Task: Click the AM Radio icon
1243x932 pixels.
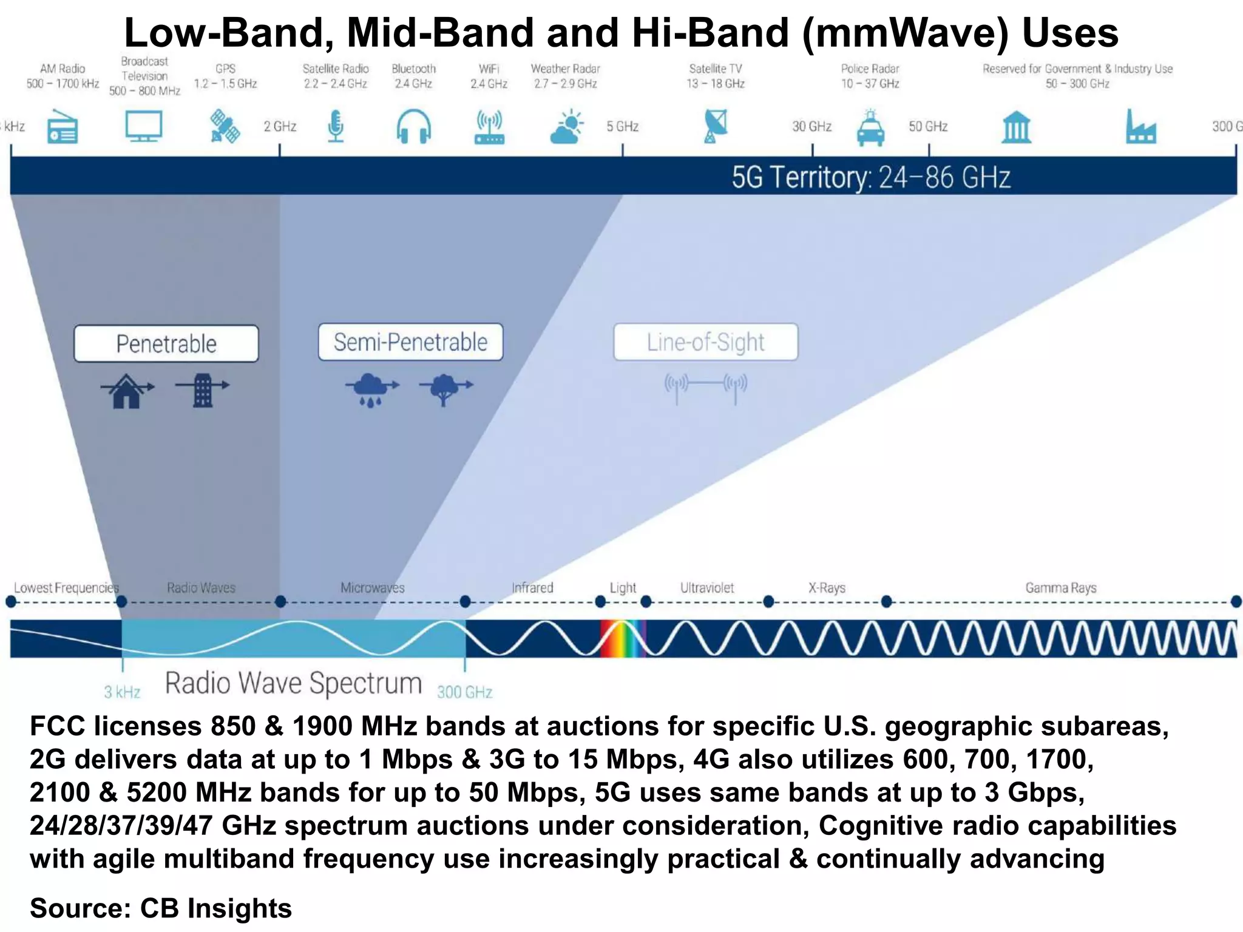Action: (x=63, y=126)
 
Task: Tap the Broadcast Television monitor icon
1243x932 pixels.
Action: (x=144, y=126)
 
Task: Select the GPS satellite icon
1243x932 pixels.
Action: (x=225, y=126)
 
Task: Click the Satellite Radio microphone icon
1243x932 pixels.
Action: (x=336, y=126)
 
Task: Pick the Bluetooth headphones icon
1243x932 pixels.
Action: (x=414, y=126)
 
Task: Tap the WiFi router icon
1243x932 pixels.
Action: (x=489, y=127)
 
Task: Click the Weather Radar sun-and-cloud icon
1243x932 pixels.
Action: (x=566, y=127)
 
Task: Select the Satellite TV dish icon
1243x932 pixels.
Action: (x=716, y=126)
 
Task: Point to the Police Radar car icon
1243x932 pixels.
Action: (x=870, y=127)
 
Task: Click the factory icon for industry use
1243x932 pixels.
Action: (x=1140, y=127)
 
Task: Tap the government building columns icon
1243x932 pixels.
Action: (x=1016, y=127)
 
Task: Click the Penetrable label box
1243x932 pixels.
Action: (x=166, y=344)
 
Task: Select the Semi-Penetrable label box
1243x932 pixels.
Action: (x=411, y=342)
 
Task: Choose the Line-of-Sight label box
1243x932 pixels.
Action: (x=706, y=342)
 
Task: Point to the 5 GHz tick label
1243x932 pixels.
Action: (x=623, y=126)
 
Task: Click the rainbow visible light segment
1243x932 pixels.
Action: (x=622, y=638)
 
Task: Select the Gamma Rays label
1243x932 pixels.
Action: (x=1060, y=587)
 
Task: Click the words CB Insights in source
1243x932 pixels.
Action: (x=215, y=908)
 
